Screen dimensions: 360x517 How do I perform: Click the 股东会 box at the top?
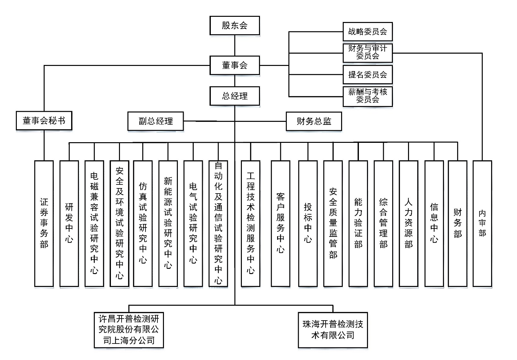pyautogui.click(x=234, y=26)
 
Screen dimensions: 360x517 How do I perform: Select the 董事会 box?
pyautogui.click(x=234, y=65)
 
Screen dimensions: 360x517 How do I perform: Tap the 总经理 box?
pyautogui.click(x=234, y=96)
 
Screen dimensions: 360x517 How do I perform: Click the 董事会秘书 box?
pyautogui.click(x=44, y=121)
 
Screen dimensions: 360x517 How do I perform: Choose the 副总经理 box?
pyautogui.click(x=156, y=121)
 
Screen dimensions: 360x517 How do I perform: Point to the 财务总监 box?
pyautogui.click(x=314, y=121)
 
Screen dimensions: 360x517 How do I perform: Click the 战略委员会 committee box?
pyautogui.click(x=367, y=32)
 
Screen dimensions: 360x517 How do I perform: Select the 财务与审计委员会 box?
pyautogui.click(x=367, y=53)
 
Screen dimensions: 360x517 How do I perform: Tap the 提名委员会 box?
pyautogui.click(x=367, y=75)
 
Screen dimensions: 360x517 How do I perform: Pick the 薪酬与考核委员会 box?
pyautogui.click(x=367, y=96)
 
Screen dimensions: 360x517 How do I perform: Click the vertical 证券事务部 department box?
pyautogui.click(x=44, y=223)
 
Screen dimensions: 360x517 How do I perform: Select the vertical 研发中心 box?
pyautogui.click(x=69, y=223)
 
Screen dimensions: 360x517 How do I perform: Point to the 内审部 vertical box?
pyautogui.click(x=482, y=223)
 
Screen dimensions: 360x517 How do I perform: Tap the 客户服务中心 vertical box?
pyautogui.click(x=280, y=223)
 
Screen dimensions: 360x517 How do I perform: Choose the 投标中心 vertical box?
pyautogui.click(x=308, y=223)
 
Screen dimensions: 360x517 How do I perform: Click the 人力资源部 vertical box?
pyautogui.click(x=408, y=223)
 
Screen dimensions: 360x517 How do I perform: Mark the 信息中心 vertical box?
pyautogui.click(x=434, y=223)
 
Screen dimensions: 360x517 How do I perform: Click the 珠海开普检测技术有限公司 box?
pyautogui.click(x=333, y=330)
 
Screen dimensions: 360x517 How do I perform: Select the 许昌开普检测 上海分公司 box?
pyautogui.click(x=129, y=330)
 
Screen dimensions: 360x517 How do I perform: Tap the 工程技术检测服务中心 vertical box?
pyautogui.click(x=251, y=223)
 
